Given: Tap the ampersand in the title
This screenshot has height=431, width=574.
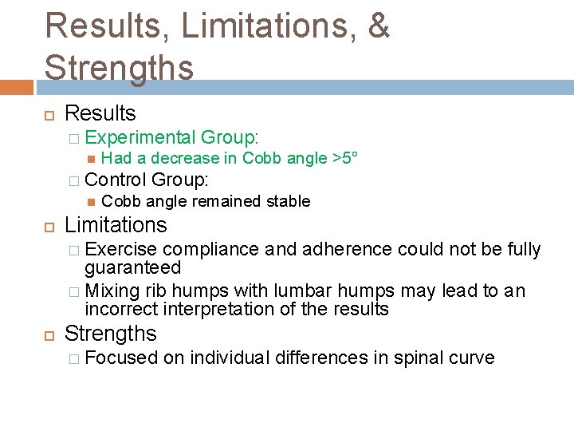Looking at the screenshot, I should coord(378,26).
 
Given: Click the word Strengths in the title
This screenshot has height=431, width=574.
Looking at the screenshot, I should coord(119,67).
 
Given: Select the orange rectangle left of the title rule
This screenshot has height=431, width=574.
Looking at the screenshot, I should coord(17,87).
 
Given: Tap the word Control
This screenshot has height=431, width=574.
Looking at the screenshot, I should coord(116,180).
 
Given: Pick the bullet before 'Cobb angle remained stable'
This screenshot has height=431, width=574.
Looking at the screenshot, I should coord(90,201).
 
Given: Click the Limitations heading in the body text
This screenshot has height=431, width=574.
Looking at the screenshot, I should coord(116,225).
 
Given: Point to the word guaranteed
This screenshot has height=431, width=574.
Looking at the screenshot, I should coord(133,267).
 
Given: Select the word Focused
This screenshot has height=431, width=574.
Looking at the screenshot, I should coord(121,358).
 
